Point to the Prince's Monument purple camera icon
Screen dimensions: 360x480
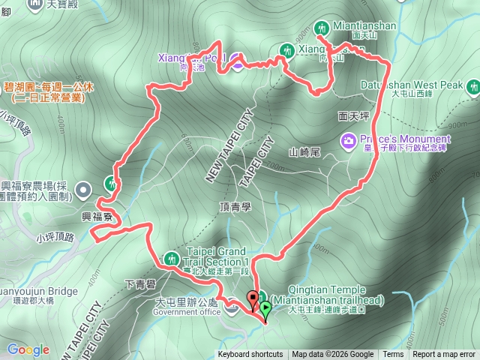click(348, 140)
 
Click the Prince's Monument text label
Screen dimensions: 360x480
click(405, 139)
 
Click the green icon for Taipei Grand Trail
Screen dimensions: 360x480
click(170, 257)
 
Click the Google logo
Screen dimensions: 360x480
click(28, 349)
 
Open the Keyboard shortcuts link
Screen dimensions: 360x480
click(250, 355)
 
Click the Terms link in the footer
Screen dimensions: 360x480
click(393, 355)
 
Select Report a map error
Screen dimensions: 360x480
click(444, 355)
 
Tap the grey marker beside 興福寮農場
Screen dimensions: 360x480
click(84, 187)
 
